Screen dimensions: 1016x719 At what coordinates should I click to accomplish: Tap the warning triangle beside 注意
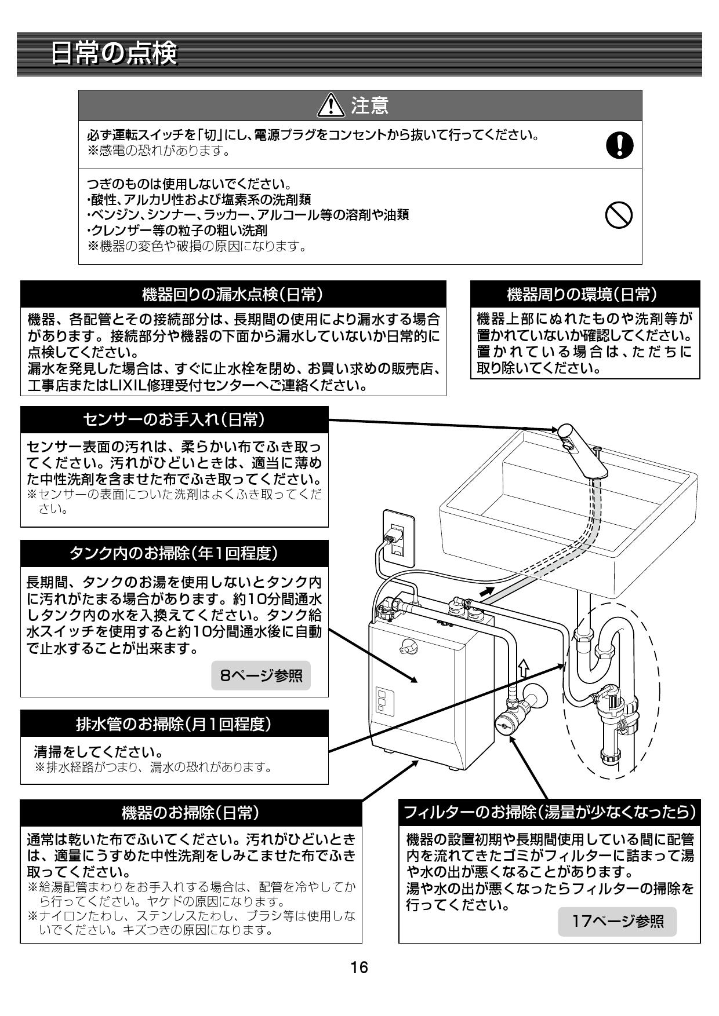point(332,105)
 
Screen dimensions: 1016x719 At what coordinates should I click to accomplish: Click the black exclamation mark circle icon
point(619,144)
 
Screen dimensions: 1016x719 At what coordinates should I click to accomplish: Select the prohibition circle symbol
point(619,216)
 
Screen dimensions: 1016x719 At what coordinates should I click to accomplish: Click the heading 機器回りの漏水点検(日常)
point(233,294)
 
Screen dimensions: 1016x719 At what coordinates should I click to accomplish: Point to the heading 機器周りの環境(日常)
point(584,294)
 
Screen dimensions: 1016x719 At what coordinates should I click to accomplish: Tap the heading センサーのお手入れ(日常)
point(174,419)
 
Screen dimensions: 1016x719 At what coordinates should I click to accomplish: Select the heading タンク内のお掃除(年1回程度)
point(174,553)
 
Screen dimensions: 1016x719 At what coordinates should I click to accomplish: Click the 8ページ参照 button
point(261,675)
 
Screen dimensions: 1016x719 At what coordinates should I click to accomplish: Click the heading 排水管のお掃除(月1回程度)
point(174,723)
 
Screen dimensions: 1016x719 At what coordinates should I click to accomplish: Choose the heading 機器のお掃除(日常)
point(191,813)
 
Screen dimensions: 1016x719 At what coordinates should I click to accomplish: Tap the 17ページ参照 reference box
point(618,922)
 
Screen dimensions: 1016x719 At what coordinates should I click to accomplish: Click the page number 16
point(359,967)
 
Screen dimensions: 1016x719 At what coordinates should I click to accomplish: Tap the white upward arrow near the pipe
point(522,668)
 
